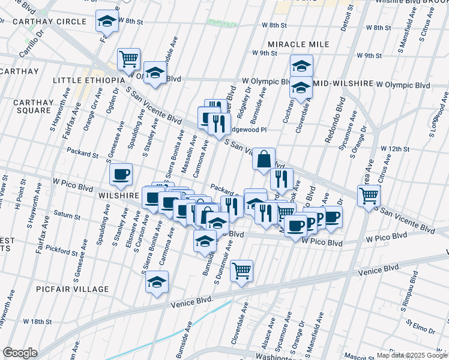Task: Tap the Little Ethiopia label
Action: point(88,80)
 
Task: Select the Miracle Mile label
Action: point(298,45)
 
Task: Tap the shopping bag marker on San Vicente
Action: point(264,160)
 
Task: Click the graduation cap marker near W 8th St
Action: point(107,22)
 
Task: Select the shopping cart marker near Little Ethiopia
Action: point(128,59)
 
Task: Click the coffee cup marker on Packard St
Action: point(121,174)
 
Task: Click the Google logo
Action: point(20,353)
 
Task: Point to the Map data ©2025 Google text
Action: point(411,355)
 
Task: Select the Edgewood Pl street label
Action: point(247,130)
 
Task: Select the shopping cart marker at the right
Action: point(369,195)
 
